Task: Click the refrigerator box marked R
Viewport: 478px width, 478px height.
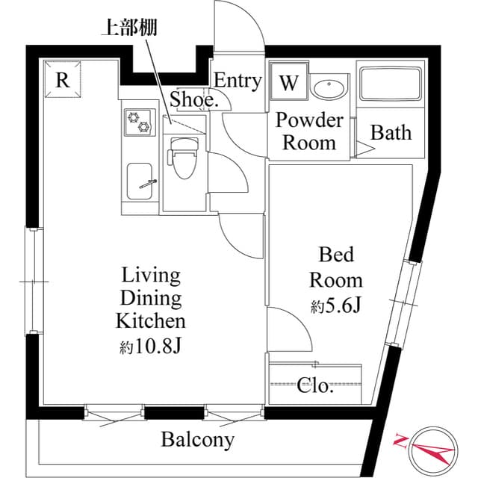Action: (x=63, y=80)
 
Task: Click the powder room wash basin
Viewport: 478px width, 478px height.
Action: (x=328, y=88)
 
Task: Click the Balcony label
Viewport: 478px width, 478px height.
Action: (x=198, y=440)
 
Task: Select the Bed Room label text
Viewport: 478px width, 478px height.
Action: (x=336, y=267)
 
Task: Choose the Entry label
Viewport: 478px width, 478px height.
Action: (x=238, y=81)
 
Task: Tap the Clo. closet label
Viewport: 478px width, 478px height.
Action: (x=315, y=386)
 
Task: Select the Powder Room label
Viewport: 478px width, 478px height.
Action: (x=309, y=131)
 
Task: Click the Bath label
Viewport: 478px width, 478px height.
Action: (x=391, y=133)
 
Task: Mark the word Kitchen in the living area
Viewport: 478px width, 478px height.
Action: (x=150, y=322)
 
